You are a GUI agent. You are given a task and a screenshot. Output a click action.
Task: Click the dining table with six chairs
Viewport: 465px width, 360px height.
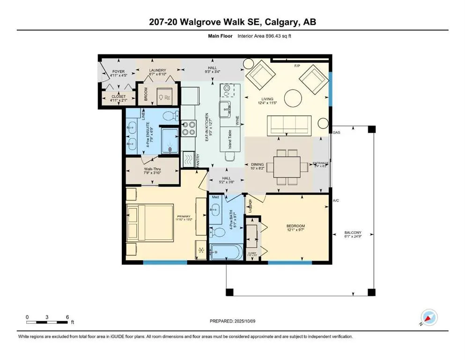pos(287,167)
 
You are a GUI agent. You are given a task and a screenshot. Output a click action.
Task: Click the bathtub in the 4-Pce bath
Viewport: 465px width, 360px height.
pos(226,254)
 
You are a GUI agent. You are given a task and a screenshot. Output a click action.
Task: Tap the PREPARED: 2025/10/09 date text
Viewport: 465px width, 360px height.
pos(232,322)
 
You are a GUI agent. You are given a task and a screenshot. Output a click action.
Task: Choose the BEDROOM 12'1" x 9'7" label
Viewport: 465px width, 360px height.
pos(295,229)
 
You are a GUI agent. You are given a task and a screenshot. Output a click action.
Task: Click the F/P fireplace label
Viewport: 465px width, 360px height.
pos(296,66)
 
